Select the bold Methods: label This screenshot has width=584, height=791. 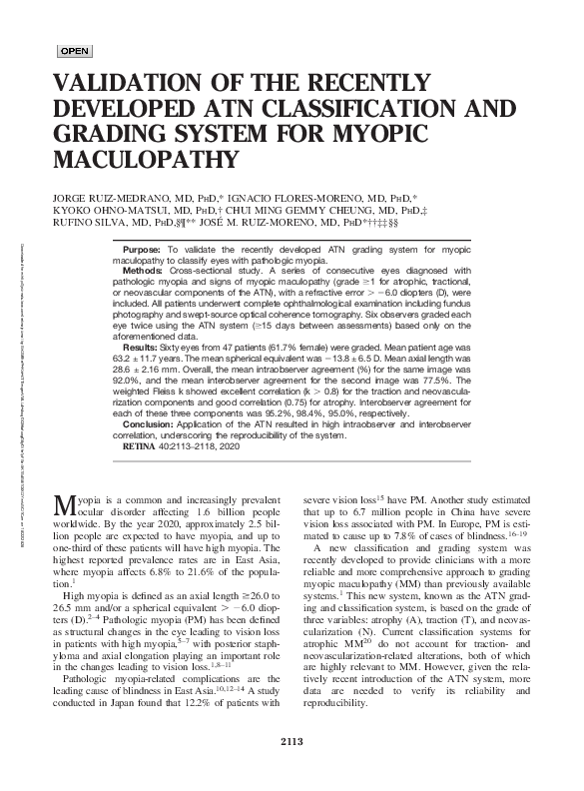click(x=144, y=270)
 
